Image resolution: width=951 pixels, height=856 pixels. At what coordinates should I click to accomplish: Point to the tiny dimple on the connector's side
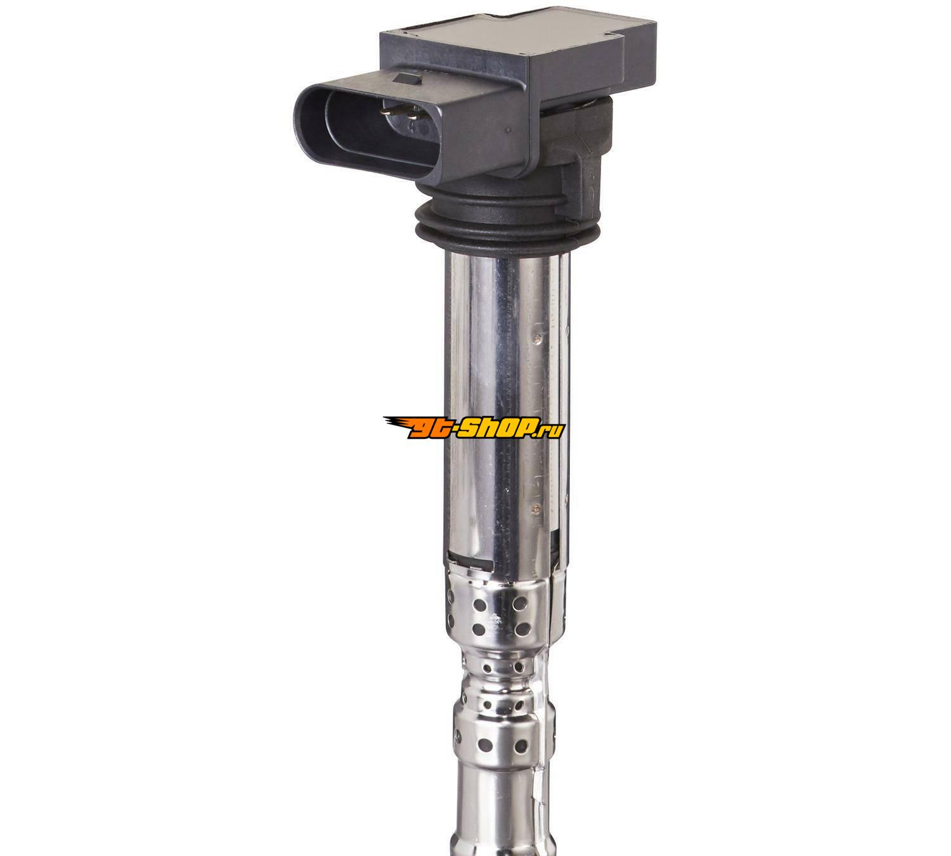pyautogui.click(x=508, y=129)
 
